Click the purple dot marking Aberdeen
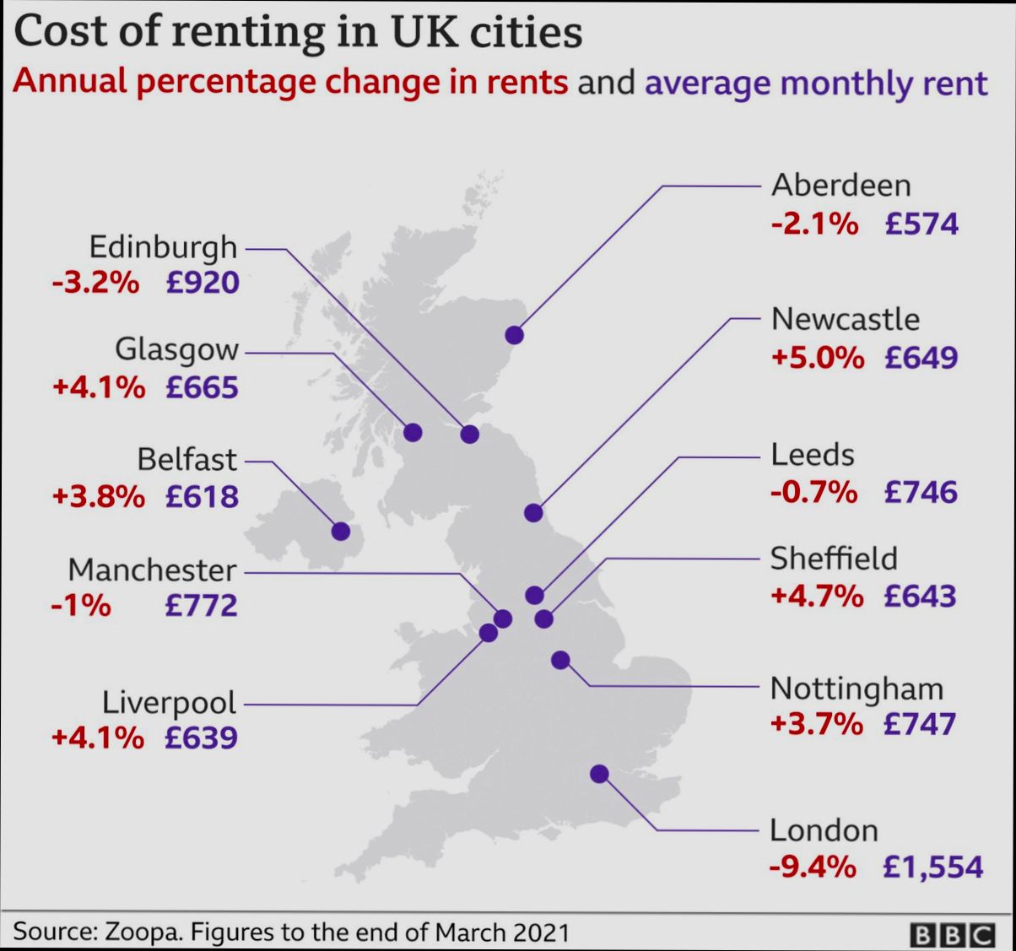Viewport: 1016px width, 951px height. [x=515, y=335]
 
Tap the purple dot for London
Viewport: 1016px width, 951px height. [x=599, y=773]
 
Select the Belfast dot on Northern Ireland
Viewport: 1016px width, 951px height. [x=341, y=531]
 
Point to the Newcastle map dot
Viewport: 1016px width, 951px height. [x=533, y=512]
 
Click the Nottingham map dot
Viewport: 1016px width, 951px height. [x=560, y=660]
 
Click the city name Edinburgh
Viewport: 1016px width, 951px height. [x=164, y=247]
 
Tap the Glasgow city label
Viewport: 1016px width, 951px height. [x=176, y=349]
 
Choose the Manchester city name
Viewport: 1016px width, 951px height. [x=152, y=570]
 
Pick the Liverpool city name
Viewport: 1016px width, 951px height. [x=170, y=702]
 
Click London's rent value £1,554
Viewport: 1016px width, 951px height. [x=932, y=867]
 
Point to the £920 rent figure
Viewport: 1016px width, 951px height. [x=203, y=283]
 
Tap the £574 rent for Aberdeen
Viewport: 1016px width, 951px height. [x=921, y=224]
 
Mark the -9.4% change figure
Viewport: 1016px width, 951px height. [x=813, y=867]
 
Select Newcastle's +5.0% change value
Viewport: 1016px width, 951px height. [x=817, y=357]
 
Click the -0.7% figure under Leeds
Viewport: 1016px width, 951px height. [x=813, y=491]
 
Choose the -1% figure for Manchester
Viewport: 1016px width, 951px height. [x=81, y=605]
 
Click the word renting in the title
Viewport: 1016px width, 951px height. [x=251, y=32]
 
